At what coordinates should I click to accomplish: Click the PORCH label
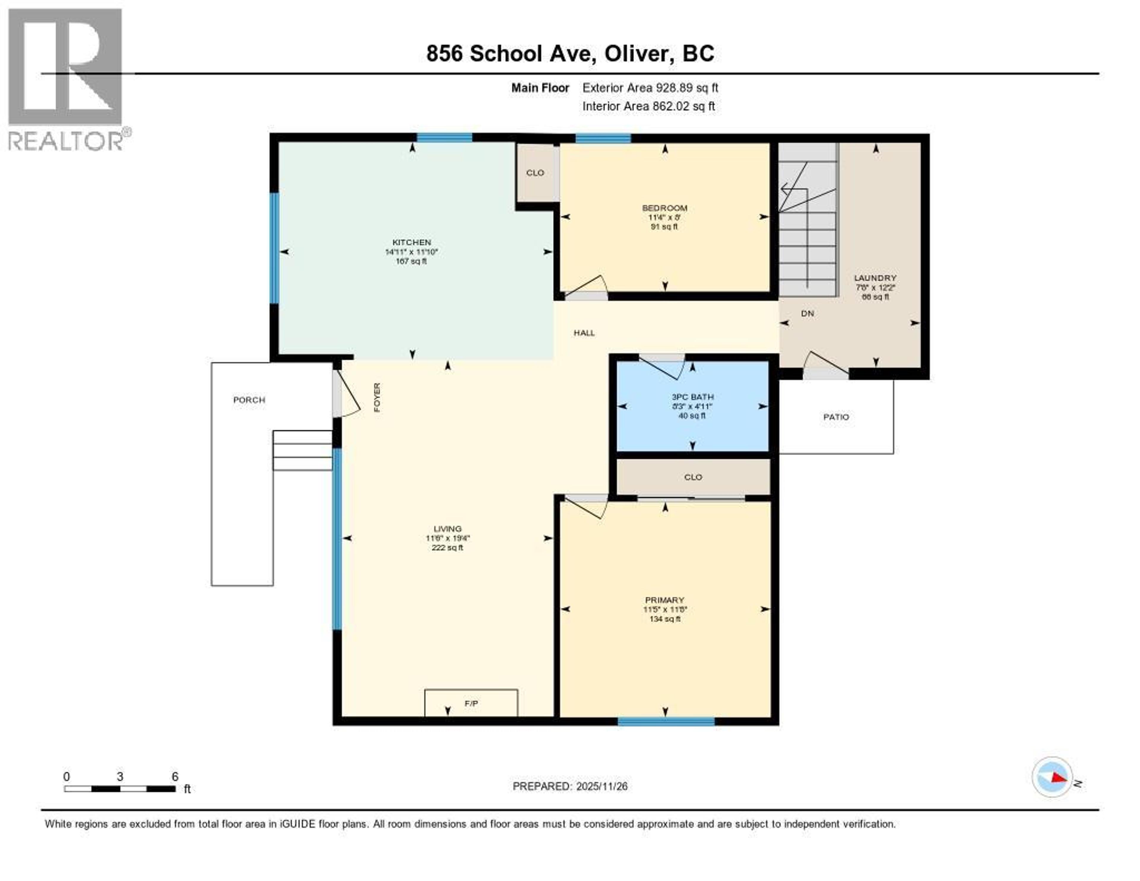point(249,400)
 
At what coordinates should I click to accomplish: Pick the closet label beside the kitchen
point(535,172)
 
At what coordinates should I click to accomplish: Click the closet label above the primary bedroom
point(693,477)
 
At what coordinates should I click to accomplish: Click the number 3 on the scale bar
point(120,776)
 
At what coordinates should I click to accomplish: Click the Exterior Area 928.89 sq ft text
point(650,88)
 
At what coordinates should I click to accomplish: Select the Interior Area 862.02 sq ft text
point(648,106)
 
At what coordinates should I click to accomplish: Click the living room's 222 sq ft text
point(447,547)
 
